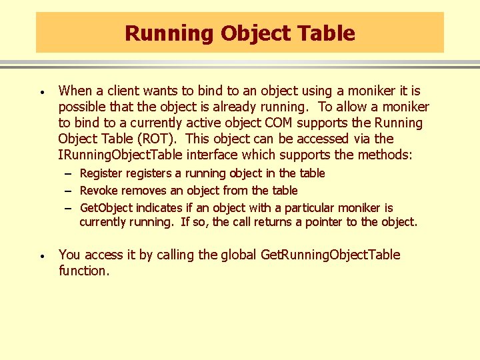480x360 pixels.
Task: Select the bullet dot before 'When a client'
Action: [41, 91]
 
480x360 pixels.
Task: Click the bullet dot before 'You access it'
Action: [41, 255]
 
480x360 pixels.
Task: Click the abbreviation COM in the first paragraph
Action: [280, 123]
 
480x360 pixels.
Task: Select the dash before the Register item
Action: [69, 173]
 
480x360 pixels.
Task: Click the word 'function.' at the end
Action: [83, 271]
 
